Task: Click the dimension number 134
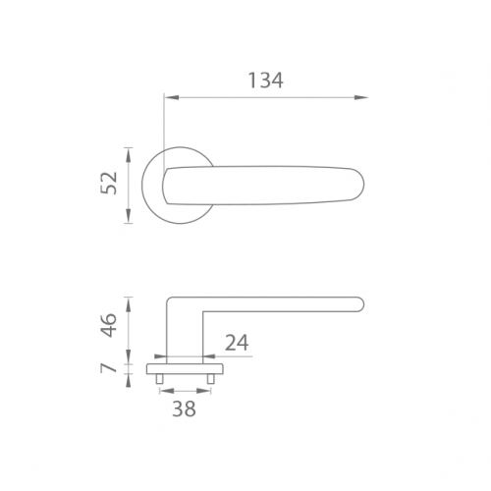[265, 81]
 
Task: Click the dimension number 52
[109, 183]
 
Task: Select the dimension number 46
[109, 325]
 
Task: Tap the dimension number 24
[237, 343]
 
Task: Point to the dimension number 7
[109, 368]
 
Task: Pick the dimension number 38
[184, 409]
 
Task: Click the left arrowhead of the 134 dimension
[172, 97]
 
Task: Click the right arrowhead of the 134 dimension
[361, 97]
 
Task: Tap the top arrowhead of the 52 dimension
[129, 155]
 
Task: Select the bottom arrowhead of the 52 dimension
[129, 216]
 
